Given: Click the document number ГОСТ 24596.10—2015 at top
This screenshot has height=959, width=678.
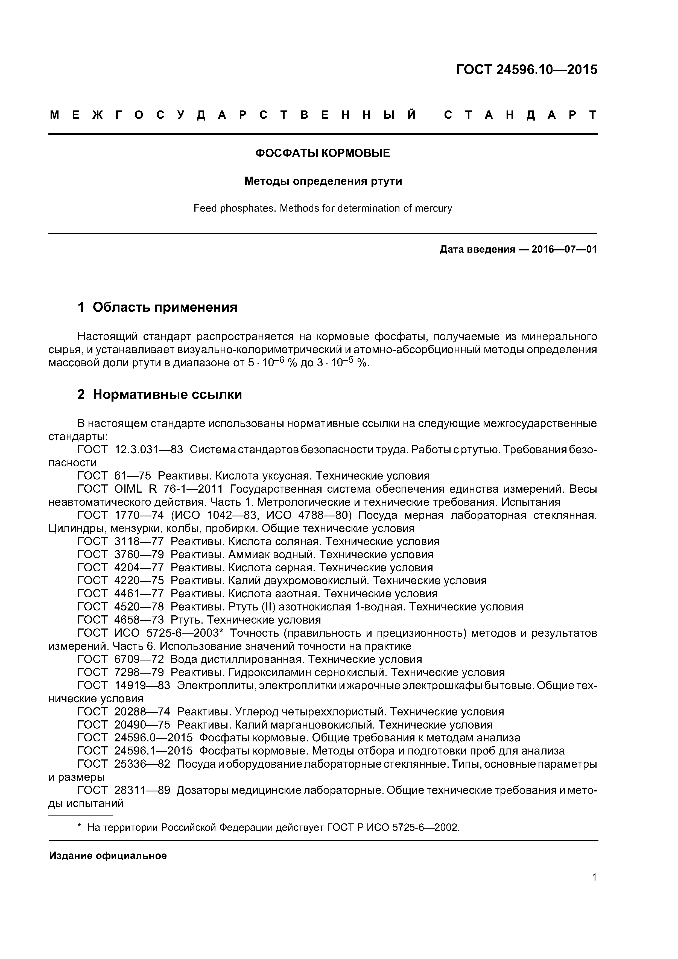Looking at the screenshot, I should [526, 69].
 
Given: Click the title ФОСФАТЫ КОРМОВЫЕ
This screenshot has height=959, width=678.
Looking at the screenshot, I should [323, 153].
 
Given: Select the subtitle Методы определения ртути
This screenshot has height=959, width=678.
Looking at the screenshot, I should [323, 181].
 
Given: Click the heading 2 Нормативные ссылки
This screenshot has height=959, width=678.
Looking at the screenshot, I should [160, 394].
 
